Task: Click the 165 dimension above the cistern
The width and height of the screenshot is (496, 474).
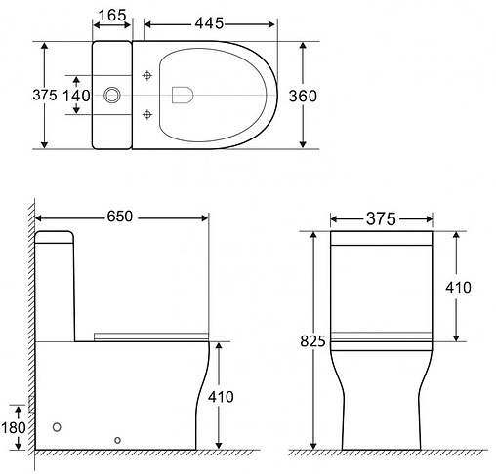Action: click(x=113, y=16)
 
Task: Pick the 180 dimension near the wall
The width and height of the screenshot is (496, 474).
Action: click(x=13, y=426)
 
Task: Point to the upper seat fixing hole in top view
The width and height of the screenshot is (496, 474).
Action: click(x=147, y=75)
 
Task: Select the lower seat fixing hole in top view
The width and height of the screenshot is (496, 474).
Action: click(x=147, y=115)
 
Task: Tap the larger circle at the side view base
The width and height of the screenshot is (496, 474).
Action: click(x=58, y=427)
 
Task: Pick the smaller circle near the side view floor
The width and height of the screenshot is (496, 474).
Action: click(x=118, y=441)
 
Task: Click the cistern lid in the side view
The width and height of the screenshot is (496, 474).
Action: click(x=55, y=236)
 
